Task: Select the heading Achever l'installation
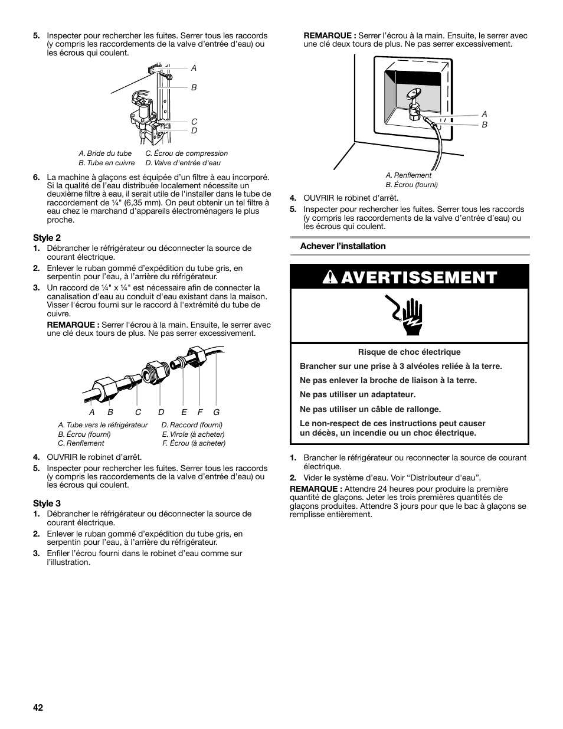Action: pos(342,246)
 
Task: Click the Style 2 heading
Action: pos(47,237)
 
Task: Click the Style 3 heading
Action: pos(47,503)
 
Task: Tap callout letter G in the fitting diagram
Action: pos(217,412)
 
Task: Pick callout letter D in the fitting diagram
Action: pos(161,412)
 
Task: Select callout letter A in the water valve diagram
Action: pos(194,68)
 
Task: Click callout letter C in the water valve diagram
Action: pos(194,122)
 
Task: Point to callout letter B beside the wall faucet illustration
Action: pos(485,125)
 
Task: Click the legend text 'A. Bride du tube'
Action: pos(105,153)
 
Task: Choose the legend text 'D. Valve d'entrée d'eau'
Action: pos(183,163)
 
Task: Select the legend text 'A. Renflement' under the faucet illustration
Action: pos(408,175)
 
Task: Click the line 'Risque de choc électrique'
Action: pos(409,352)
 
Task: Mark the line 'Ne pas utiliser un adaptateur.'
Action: pos(358,395)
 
